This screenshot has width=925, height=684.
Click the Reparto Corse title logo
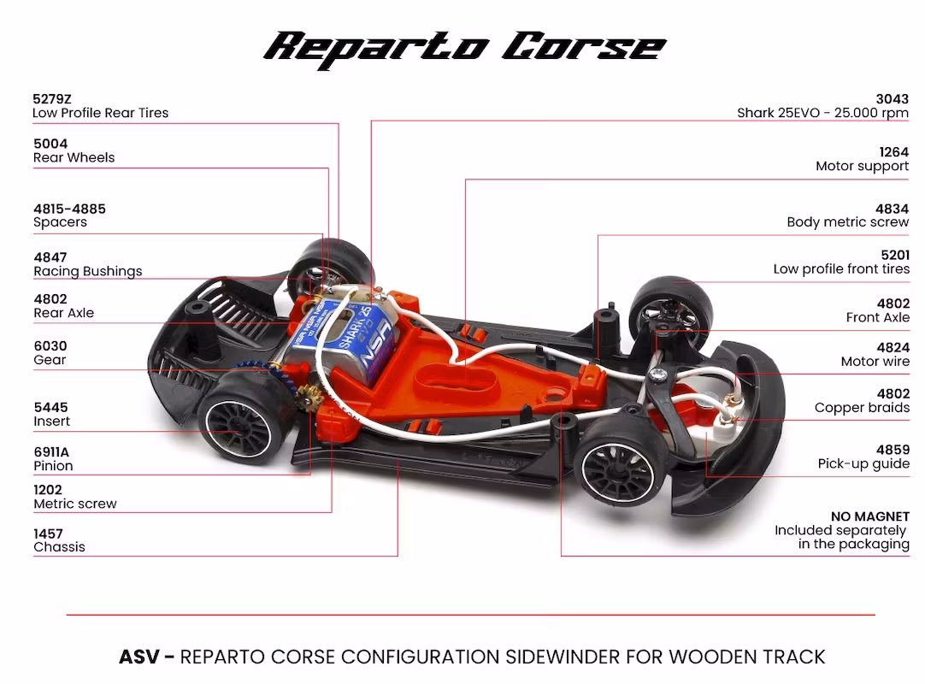point(464,49)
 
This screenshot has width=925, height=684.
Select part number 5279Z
point(52,99)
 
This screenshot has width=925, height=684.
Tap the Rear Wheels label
point(74,157)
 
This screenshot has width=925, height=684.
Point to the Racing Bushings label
point(88,272)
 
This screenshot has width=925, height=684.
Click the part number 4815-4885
point(69,209)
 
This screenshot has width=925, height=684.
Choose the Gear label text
point(50,360)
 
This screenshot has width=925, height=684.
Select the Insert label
point(51,422)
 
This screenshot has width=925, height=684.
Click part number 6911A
point(51,452)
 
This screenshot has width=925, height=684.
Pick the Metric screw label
point(75,504)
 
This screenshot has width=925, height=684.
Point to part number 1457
point(48,534)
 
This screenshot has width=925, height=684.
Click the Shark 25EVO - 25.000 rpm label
point(823,114)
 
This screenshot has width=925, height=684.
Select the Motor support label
point(863,167)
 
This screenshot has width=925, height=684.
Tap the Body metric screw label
point(848,222)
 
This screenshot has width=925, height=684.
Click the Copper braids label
point(862,408)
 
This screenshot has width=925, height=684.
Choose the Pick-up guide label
point(863,464)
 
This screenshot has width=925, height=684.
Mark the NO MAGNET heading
point(870,517)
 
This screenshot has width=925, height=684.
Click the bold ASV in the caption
point(139,657)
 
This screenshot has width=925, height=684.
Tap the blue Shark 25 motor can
point(345,336)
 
